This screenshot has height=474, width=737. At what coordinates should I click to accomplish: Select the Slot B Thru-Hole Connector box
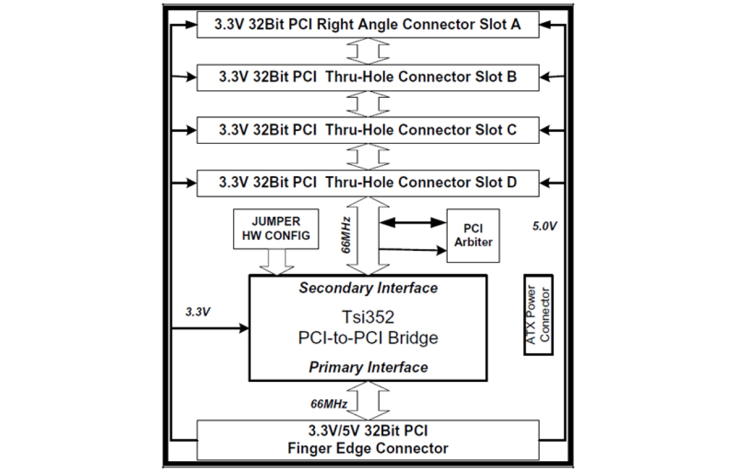pos(367,77)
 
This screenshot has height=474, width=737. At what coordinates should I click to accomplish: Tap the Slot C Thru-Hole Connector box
pos(367,130)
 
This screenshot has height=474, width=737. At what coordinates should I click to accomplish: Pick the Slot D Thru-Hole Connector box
pos(367,183)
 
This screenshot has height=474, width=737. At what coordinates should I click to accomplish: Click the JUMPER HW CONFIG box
pos(276,228)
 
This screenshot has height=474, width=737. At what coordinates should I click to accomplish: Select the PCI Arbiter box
pos(473,235)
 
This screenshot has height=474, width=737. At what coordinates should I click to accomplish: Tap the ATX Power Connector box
pos(539,314)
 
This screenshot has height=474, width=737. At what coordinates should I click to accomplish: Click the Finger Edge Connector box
pos(367,440)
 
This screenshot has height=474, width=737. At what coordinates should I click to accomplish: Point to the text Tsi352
pos(368,317)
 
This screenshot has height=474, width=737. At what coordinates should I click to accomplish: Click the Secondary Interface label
pos(368,288)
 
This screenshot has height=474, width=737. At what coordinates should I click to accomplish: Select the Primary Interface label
pos(368,368)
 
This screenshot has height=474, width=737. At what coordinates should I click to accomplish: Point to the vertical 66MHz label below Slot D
pos(347,234)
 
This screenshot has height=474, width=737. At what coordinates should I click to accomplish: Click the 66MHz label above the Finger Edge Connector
pos(330,404)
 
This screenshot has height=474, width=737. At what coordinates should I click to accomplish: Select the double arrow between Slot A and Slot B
pos(367,52)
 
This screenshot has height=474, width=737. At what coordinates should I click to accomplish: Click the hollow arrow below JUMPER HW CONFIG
pos(276,261)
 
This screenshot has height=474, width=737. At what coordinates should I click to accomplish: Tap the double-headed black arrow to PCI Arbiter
pos(413,223)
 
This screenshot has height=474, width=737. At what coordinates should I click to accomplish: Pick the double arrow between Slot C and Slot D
pos(367,156)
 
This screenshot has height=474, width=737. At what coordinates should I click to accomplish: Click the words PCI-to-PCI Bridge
pos(368,339)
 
